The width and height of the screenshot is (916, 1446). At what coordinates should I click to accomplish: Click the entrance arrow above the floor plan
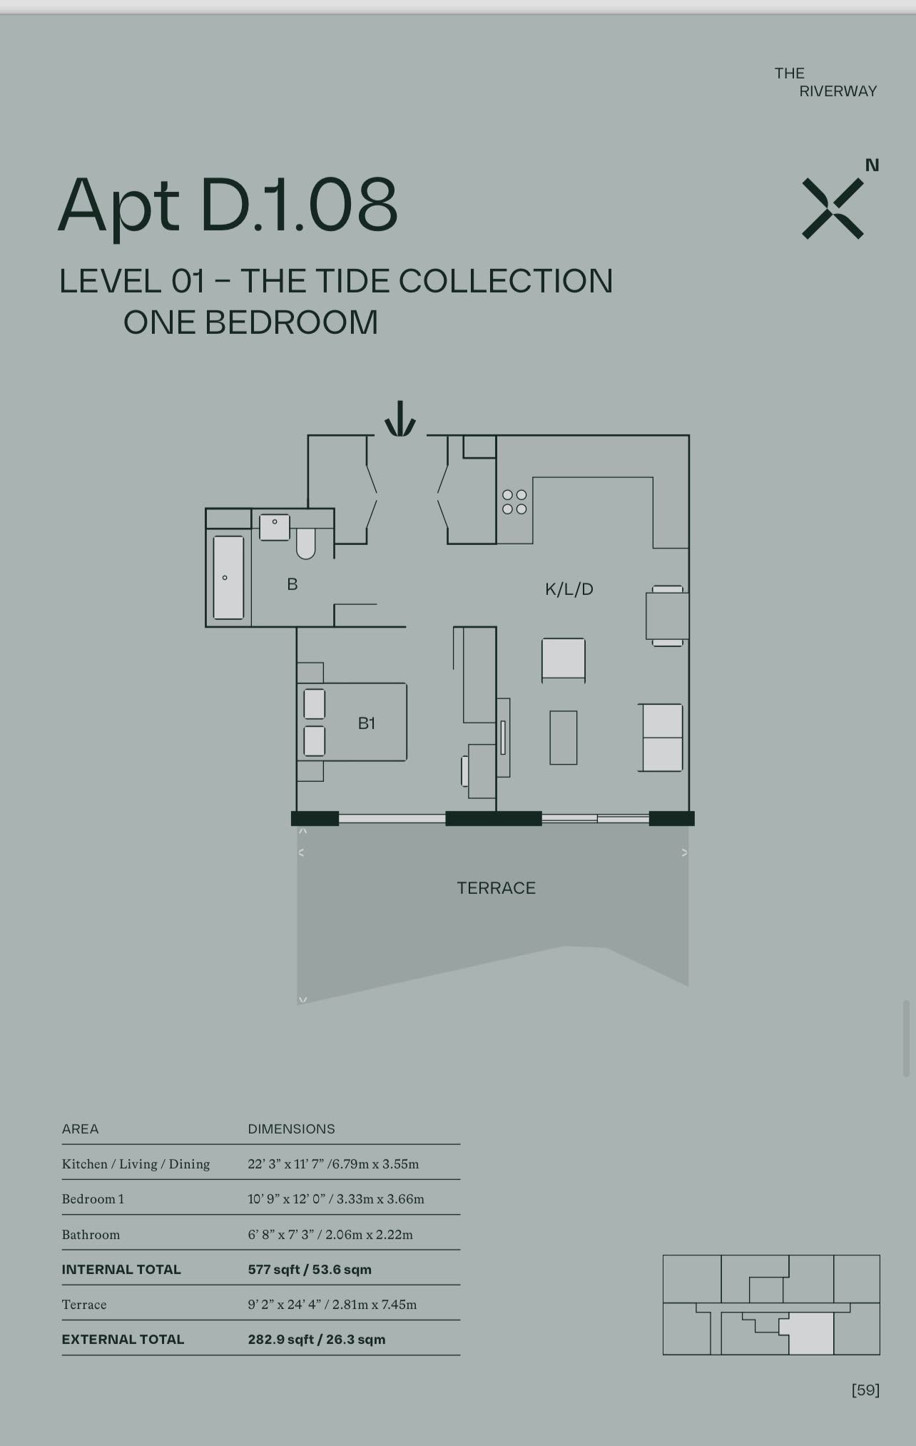(400, 419)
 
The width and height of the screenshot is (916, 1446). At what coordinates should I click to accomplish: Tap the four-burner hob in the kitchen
(514, 501)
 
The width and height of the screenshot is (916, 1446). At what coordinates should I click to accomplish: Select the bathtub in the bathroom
(228, 578)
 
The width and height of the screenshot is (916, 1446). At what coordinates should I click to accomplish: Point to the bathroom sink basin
(275, 527)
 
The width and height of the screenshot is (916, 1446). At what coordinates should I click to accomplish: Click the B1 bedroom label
(367, 723)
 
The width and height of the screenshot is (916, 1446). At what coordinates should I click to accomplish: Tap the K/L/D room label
(569, 589)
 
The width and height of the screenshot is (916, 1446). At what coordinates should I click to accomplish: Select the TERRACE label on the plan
(497, 888)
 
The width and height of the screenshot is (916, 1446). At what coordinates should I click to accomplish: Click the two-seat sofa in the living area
(661, 738)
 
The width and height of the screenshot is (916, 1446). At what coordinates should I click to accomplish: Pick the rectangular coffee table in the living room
(564, 738)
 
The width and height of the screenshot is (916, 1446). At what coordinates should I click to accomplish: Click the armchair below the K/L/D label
(564, 659)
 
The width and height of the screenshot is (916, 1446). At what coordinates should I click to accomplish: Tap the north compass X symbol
(833, 208)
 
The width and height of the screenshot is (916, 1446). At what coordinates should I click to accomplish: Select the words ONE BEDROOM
(250, 322)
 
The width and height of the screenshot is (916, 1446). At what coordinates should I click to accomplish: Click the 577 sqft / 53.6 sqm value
(310, 1270)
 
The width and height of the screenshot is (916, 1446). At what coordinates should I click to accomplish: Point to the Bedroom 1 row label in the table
(93, 1199)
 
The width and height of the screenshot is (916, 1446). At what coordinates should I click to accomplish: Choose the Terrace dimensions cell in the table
(332, 1305)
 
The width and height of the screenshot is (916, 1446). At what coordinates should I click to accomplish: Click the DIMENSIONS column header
(291, 1129)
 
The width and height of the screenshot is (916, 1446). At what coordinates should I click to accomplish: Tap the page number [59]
(865, 1390)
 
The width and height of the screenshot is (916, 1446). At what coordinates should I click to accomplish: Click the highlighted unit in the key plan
(811, 1335)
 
